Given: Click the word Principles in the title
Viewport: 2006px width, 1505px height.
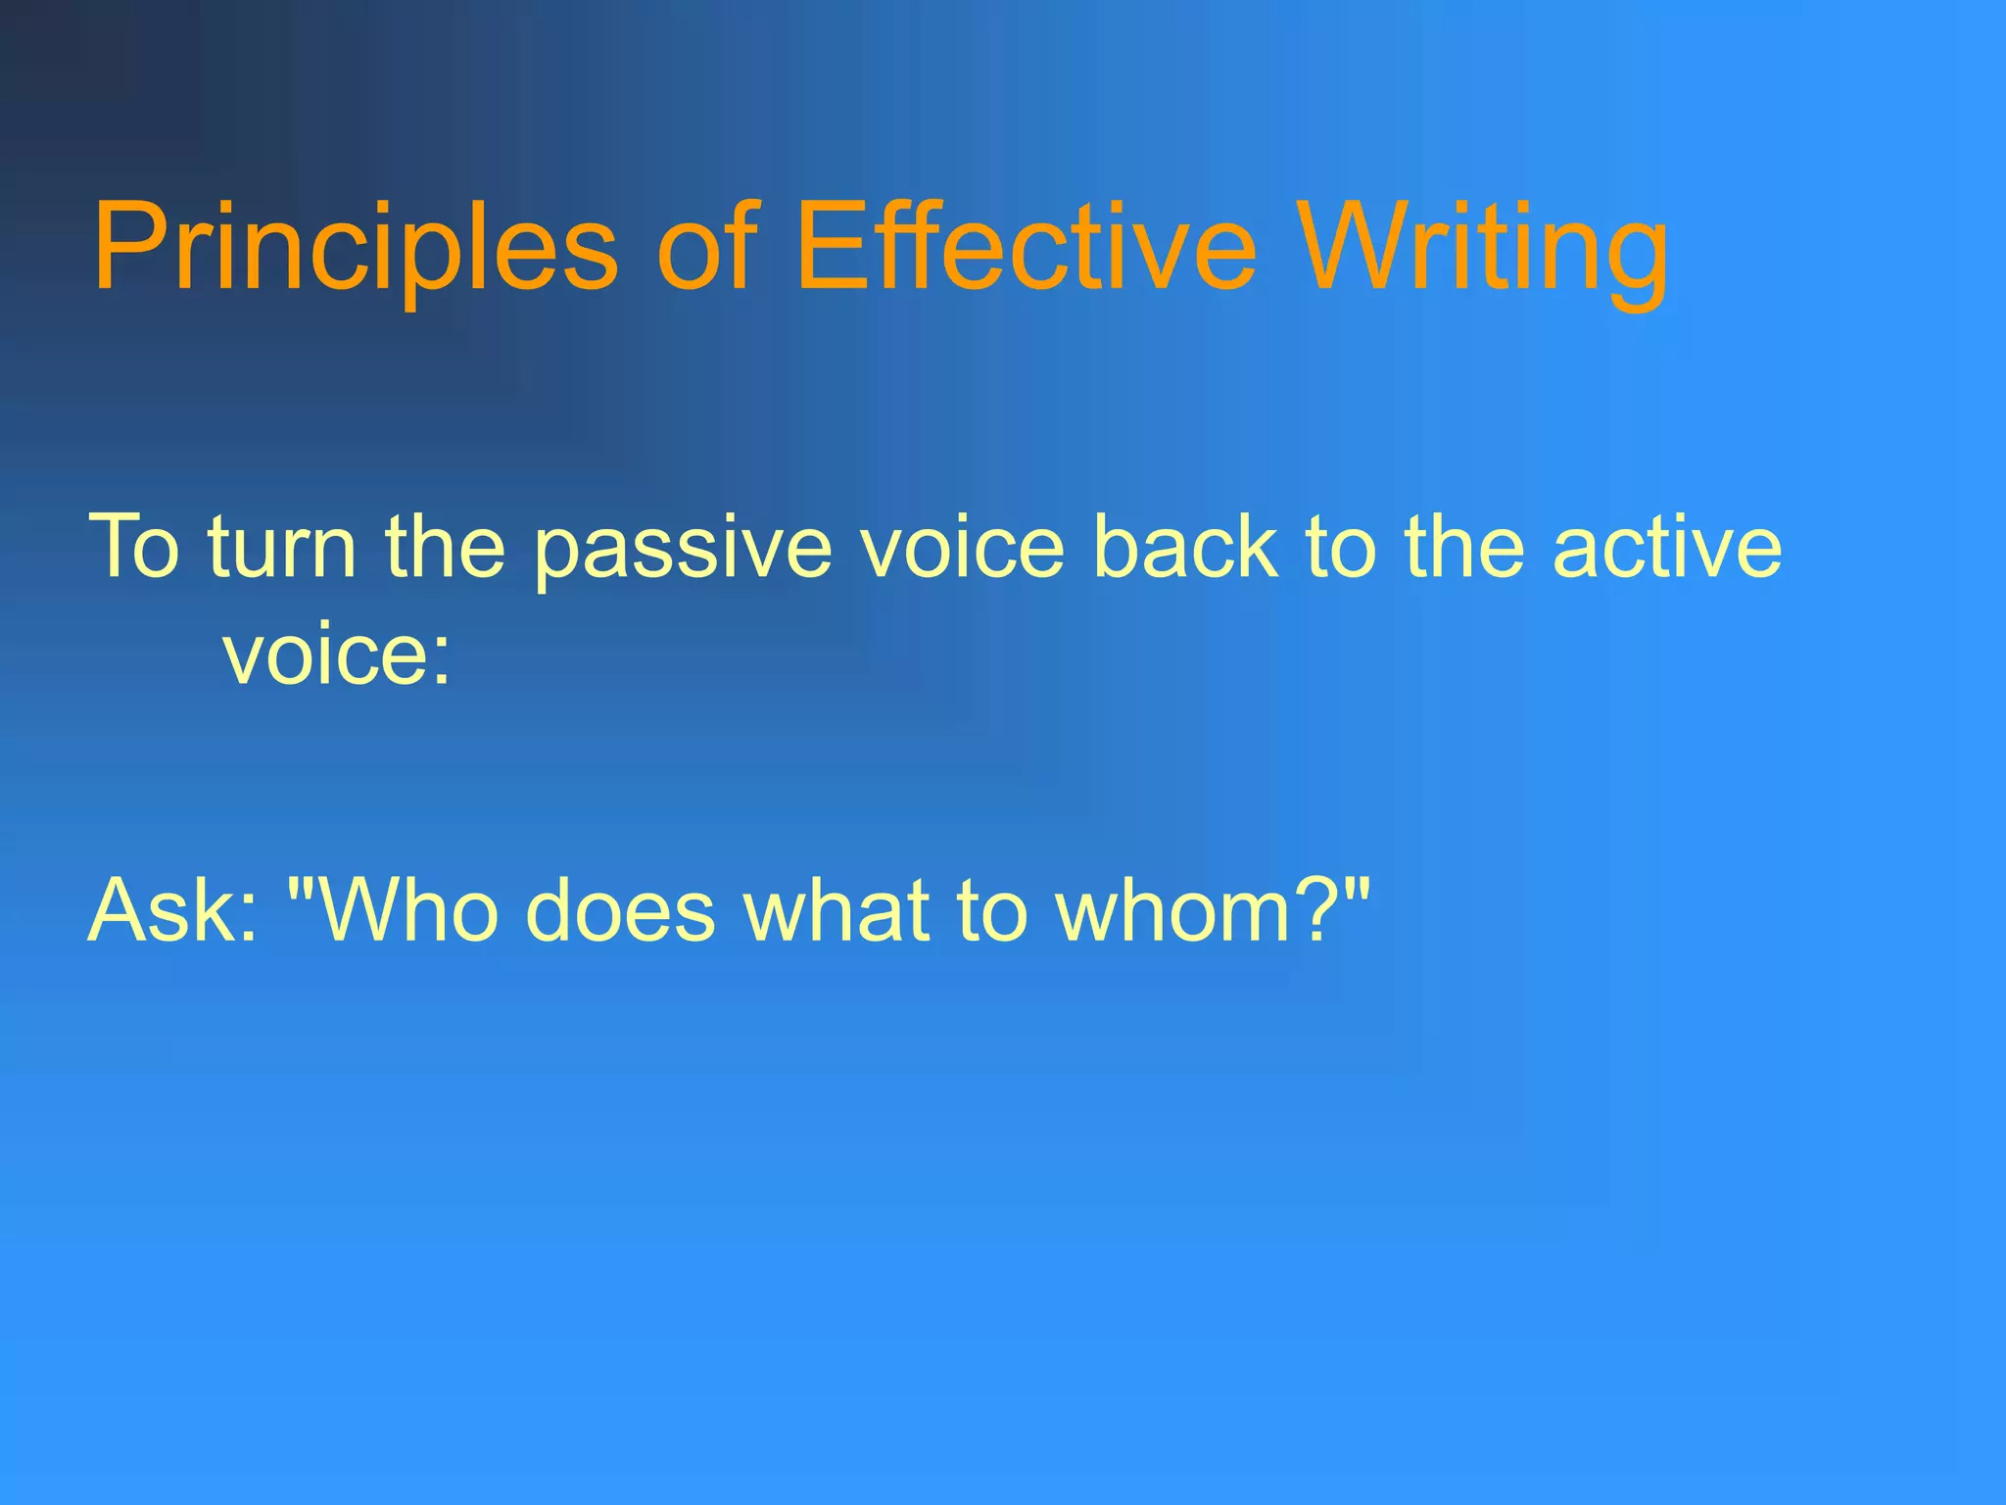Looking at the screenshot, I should [x=355, y=247].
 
